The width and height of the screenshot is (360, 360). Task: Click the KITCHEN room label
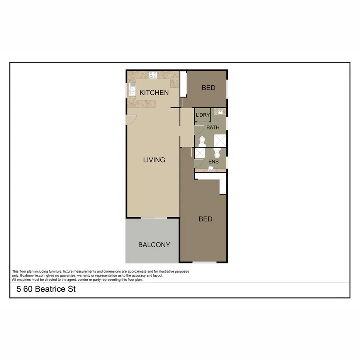click(154, 93)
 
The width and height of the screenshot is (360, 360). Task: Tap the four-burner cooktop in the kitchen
click(153, 75)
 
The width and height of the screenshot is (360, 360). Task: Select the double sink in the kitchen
click(132, 90)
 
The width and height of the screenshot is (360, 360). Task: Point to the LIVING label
click(154, 160)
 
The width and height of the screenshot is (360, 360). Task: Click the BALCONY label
click(154, 245)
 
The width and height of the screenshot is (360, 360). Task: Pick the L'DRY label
click(203, 115)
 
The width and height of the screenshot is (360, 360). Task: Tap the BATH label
click(213, 127)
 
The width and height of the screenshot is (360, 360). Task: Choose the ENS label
click(214, 161)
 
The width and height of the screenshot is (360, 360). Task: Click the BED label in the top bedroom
click(209, 88)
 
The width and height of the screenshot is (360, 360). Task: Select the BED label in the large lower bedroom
click(205, 219)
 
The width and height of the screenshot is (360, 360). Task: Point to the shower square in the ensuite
click(200, 153)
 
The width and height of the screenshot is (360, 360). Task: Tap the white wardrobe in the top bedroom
click(183, 83)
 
